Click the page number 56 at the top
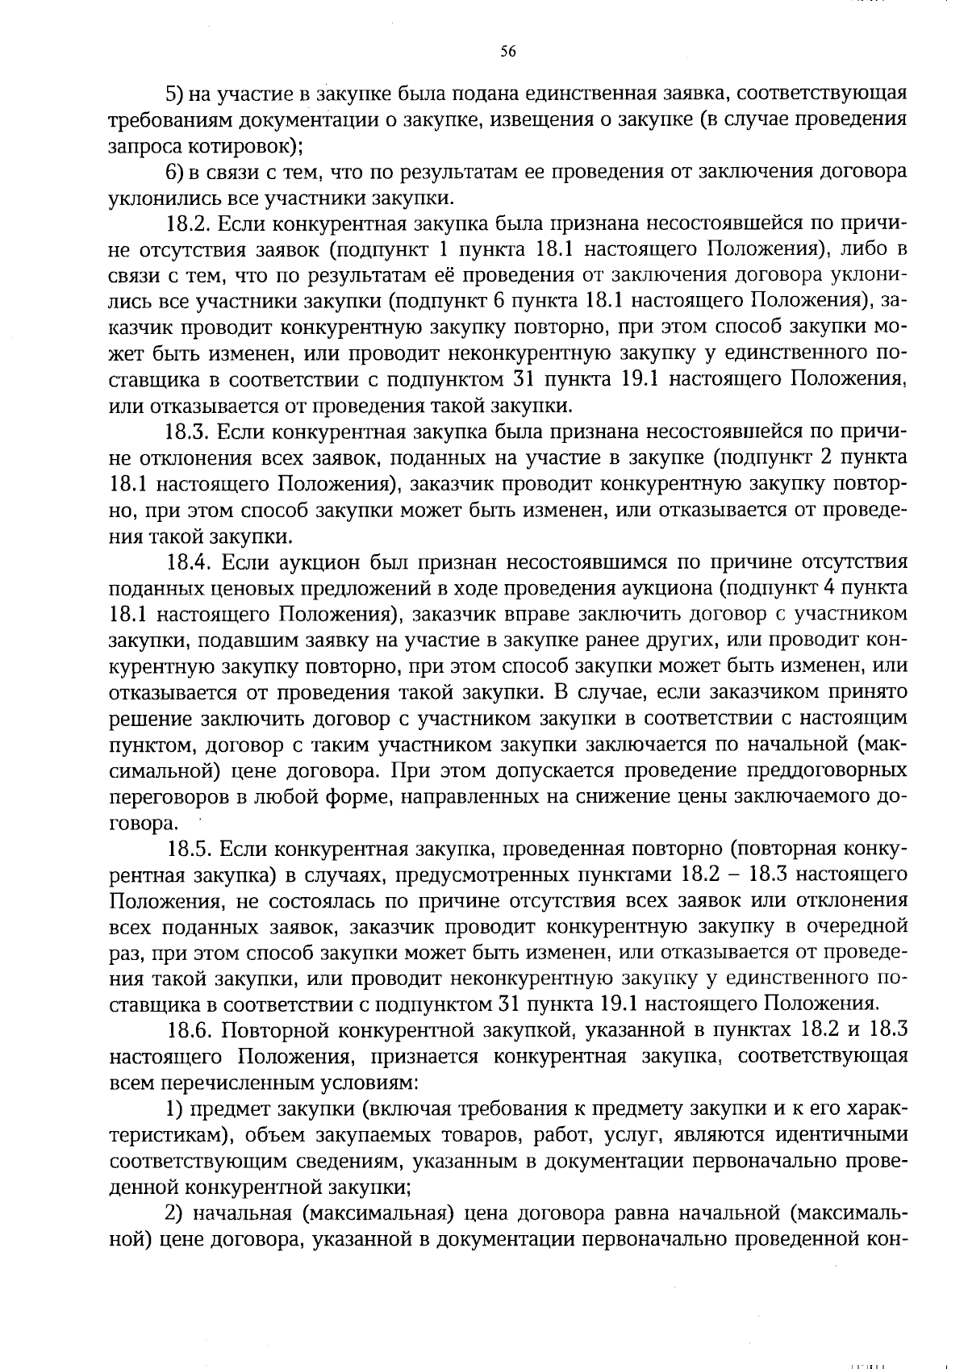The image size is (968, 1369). click(507, 51)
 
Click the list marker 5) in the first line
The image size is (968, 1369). click(175, 94)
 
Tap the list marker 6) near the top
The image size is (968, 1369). click(175, 172)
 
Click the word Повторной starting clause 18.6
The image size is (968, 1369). click(274, 1031)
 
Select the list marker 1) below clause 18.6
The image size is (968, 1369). click(174, 1109)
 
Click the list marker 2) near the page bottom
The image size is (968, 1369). click(175, 1213)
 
